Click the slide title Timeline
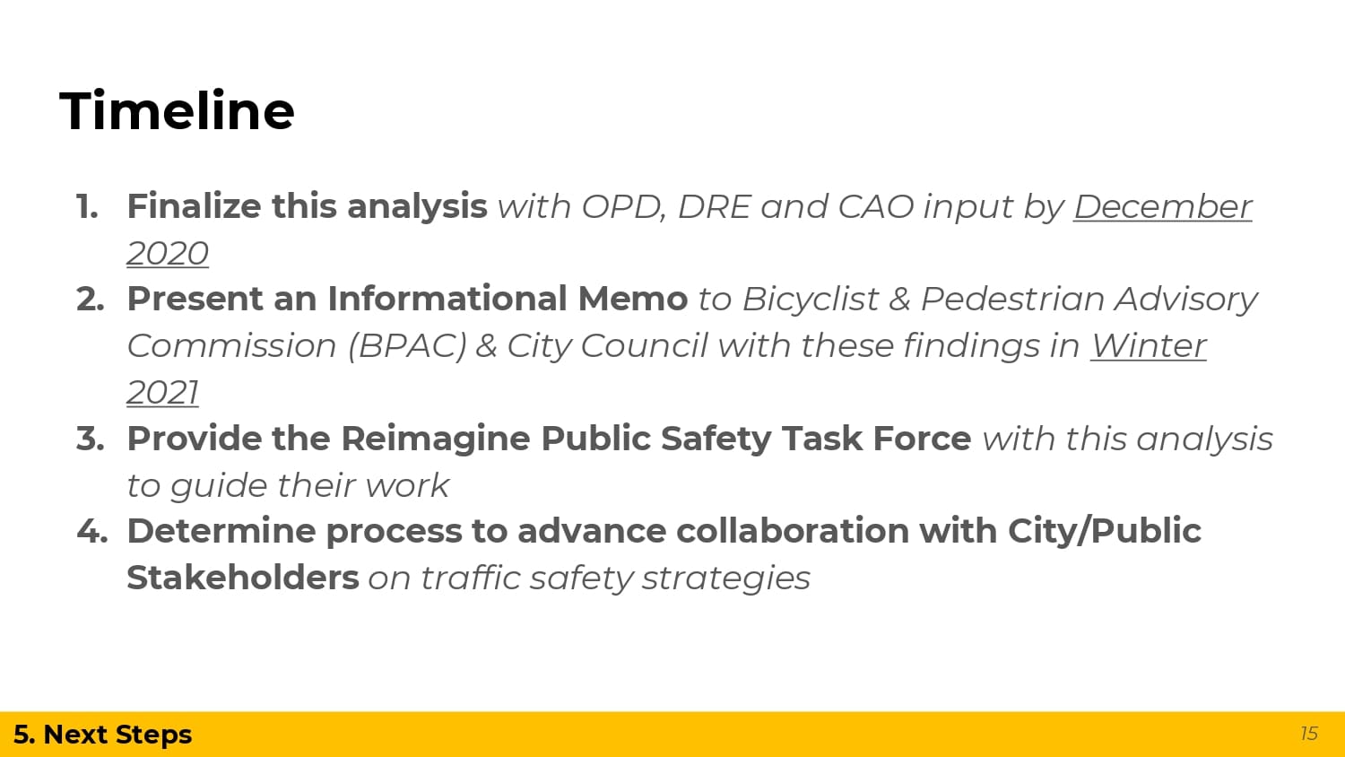point(178,110)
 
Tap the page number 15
point(1309,734)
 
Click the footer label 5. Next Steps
point(103,735)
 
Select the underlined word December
point(1162,206)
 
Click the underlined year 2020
point(168,254)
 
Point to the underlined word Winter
point(1148,346)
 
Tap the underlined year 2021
point(162,393)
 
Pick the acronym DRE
point(714,206)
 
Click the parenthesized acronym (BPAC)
point(407,346)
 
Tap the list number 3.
point(90,439)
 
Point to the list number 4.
point(91,532)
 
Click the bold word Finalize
point(194,206)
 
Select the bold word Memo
point(633,300)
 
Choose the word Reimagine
point(435,439)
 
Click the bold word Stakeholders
point(243,578)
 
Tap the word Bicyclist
point(811,300)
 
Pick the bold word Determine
point(221,531)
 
